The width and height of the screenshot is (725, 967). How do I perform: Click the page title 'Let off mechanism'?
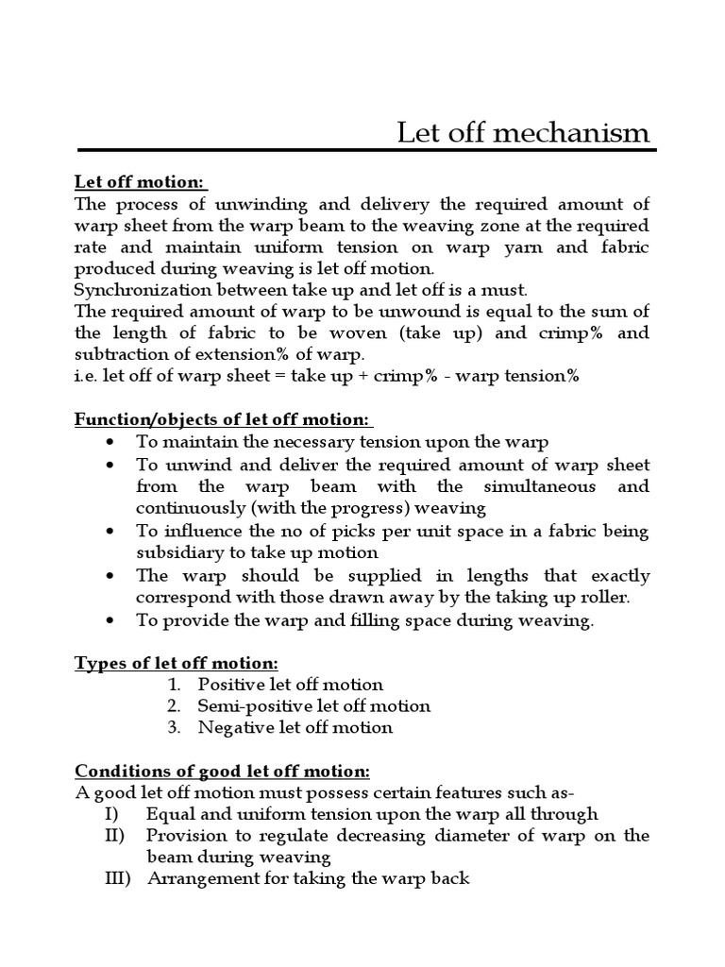pyautogui.click(x=523, y=132)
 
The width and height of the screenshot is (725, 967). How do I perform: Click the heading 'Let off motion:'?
pyautogui.click(x=142, y=181)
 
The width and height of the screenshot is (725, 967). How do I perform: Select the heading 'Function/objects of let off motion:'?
pyautogui.click(x=225, y=419)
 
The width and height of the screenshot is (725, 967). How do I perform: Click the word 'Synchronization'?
pyautogui.click(x=140, y=289)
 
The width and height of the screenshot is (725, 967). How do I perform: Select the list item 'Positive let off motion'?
pyautogui.click(x=291, y=685)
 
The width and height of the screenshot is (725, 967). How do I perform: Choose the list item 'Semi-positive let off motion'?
pyautogui.click(x=313, y=706)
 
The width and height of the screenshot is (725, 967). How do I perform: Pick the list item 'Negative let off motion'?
pyautogui.click(x=295, y=728)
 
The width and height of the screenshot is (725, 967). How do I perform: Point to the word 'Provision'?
pyautogui.click(x=186, y=836)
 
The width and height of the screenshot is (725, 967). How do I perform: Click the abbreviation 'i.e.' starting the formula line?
pyautogui.click(x=86, y=376)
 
